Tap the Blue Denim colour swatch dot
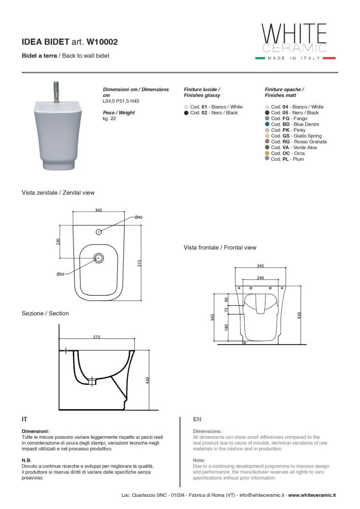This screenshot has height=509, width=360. [267, 124]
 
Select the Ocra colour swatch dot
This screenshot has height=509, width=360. [267, 153]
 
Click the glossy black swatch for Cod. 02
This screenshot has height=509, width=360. [186, 113]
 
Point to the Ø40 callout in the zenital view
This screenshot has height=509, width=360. [139, 217]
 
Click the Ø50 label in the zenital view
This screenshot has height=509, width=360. [60, 274]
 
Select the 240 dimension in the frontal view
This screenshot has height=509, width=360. [260, 278]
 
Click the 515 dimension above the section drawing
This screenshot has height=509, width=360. [97, 336]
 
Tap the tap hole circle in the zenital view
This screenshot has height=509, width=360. [99, 232]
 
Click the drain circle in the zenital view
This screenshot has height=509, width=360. [99, 259]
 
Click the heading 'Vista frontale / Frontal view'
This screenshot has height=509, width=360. [220, 247]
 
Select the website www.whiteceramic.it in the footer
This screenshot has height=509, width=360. [312, 495]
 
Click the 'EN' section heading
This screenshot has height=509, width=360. [197, 419]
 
